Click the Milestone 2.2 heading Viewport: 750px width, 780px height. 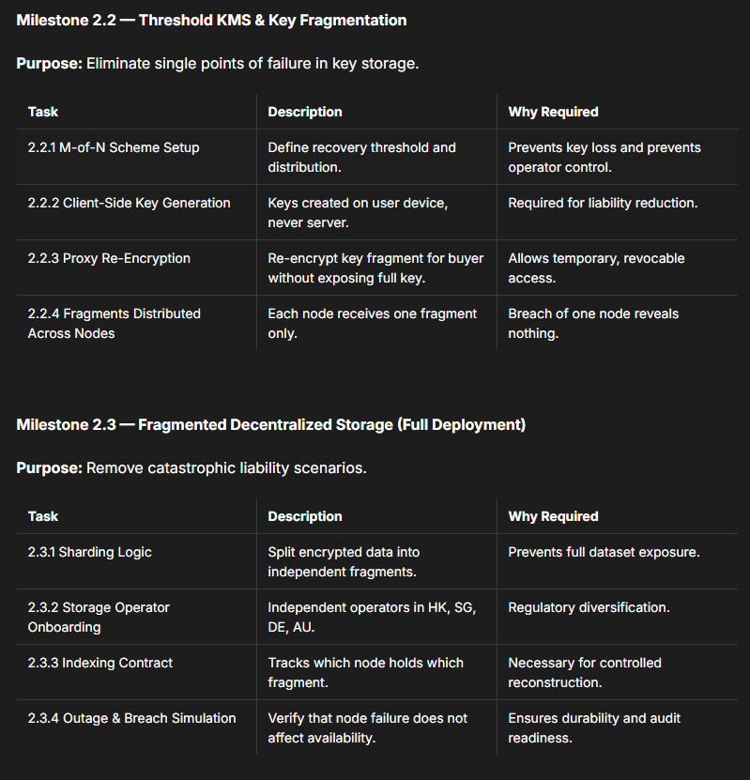(211, 20)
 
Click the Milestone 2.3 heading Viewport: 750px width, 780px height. (270, 424)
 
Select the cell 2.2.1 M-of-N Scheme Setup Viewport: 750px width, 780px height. (114, 147)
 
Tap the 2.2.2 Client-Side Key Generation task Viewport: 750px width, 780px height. (129, 203)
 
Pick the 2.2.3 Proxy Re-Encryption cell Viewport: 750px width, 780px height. (109, 258)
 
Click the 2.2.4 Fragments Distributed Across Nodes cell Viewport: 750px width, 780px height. (114, 323)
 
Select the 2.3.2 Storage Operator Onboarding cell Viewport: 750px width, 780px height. (99, 617)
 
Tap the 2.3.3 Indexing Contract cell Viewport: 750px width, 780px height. (100, 663)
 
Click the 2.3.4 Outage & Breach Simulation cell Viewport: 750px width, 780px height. (131, 718)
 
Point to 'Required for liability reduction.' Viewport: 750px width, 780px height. (603, 203)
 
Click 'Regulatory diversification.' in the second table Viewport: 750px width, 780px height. (589, 607)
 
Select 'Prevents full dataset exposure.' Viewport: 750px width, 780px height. (604, 552)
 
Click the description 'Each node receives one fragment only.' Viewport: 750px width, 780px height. (372, 323)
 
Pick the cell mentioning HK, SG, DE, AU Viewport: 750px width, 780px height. (372, 617)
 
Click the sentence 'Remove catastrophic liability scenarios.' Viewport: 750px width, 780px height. (226, 467)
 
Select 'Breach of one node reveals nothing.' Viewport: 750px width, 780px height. (593, 323)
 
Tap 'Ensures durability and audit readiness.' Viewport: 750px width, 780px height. (594, 727)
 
